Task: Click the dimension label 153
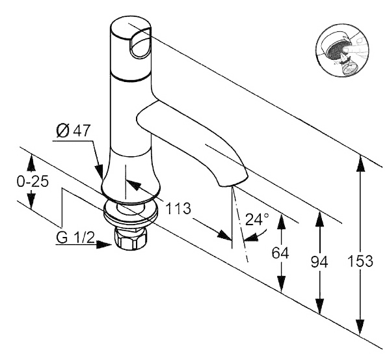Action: click(360, 261)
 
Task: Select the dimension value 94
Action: click(319, 262)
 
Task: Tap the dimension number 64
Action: click(280, 253)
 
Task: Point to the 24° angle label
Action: click(257, 219)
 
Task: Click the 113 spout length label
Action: click(178, 208)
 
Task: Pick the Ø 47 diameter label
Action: click(73, 130)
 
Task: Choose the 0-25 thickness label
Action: click(33, 182)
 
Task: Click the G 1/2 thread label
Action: click(75, 238)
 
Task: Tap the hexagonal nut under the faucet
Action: click(131, 238)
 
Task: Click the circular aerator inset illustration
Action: click(343, 50)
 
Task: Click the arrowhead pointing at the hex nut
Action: click(105, 245)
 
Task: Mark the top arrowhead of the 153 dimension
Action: click(360, 163)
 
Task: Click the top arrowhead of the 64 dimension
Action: click(282, 221)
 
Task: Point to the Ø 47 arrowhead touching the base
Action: click(100, 171)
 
